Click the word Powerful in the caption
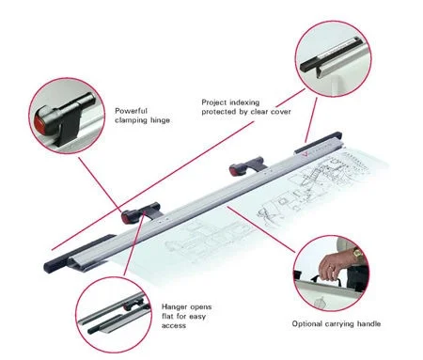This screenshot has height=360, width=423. pyautogui.click(x=131, y=111)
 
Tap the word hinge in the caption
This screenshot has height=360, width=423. pyautogui.click(x=160, y=120)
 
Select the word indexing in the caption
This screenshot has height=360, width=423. pyautogui.click(x=243, y=102)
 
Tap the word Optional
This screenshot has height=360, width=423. pyautogui.click(x=307, y=324)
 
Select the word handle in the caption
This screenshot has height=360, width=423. pyautogui.click(x=368, y=323)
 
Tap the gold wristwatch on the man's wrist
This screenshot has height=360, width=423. pyautogui.click(x=357, y=253)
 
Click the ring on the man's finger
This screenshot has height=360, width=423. pyautogui.click(x=332, y=267)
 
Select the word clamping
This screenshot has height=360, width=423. pyautogui.click(x=131, y=120)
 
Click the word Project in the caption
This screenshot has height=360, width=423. pyautogui.click(x=213, y=102)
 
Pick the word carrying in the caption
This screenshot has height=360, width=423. pyautogui.click(x=339, y=324)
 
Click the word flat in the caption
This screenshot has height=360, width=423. pyautogui.click(x=167, y=316)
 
